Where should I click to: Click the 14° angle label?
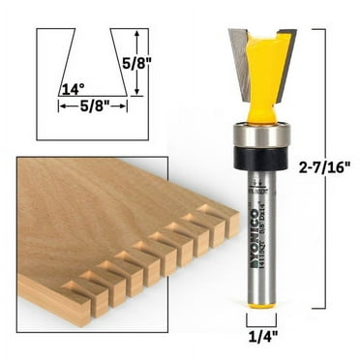click(69, 90)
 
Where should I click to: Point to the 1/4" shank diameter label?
click(257, 339)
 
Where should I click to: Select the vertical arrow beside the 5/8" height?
click(141, 63)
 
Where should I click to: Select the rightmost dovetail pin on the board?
click(230, 224)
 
